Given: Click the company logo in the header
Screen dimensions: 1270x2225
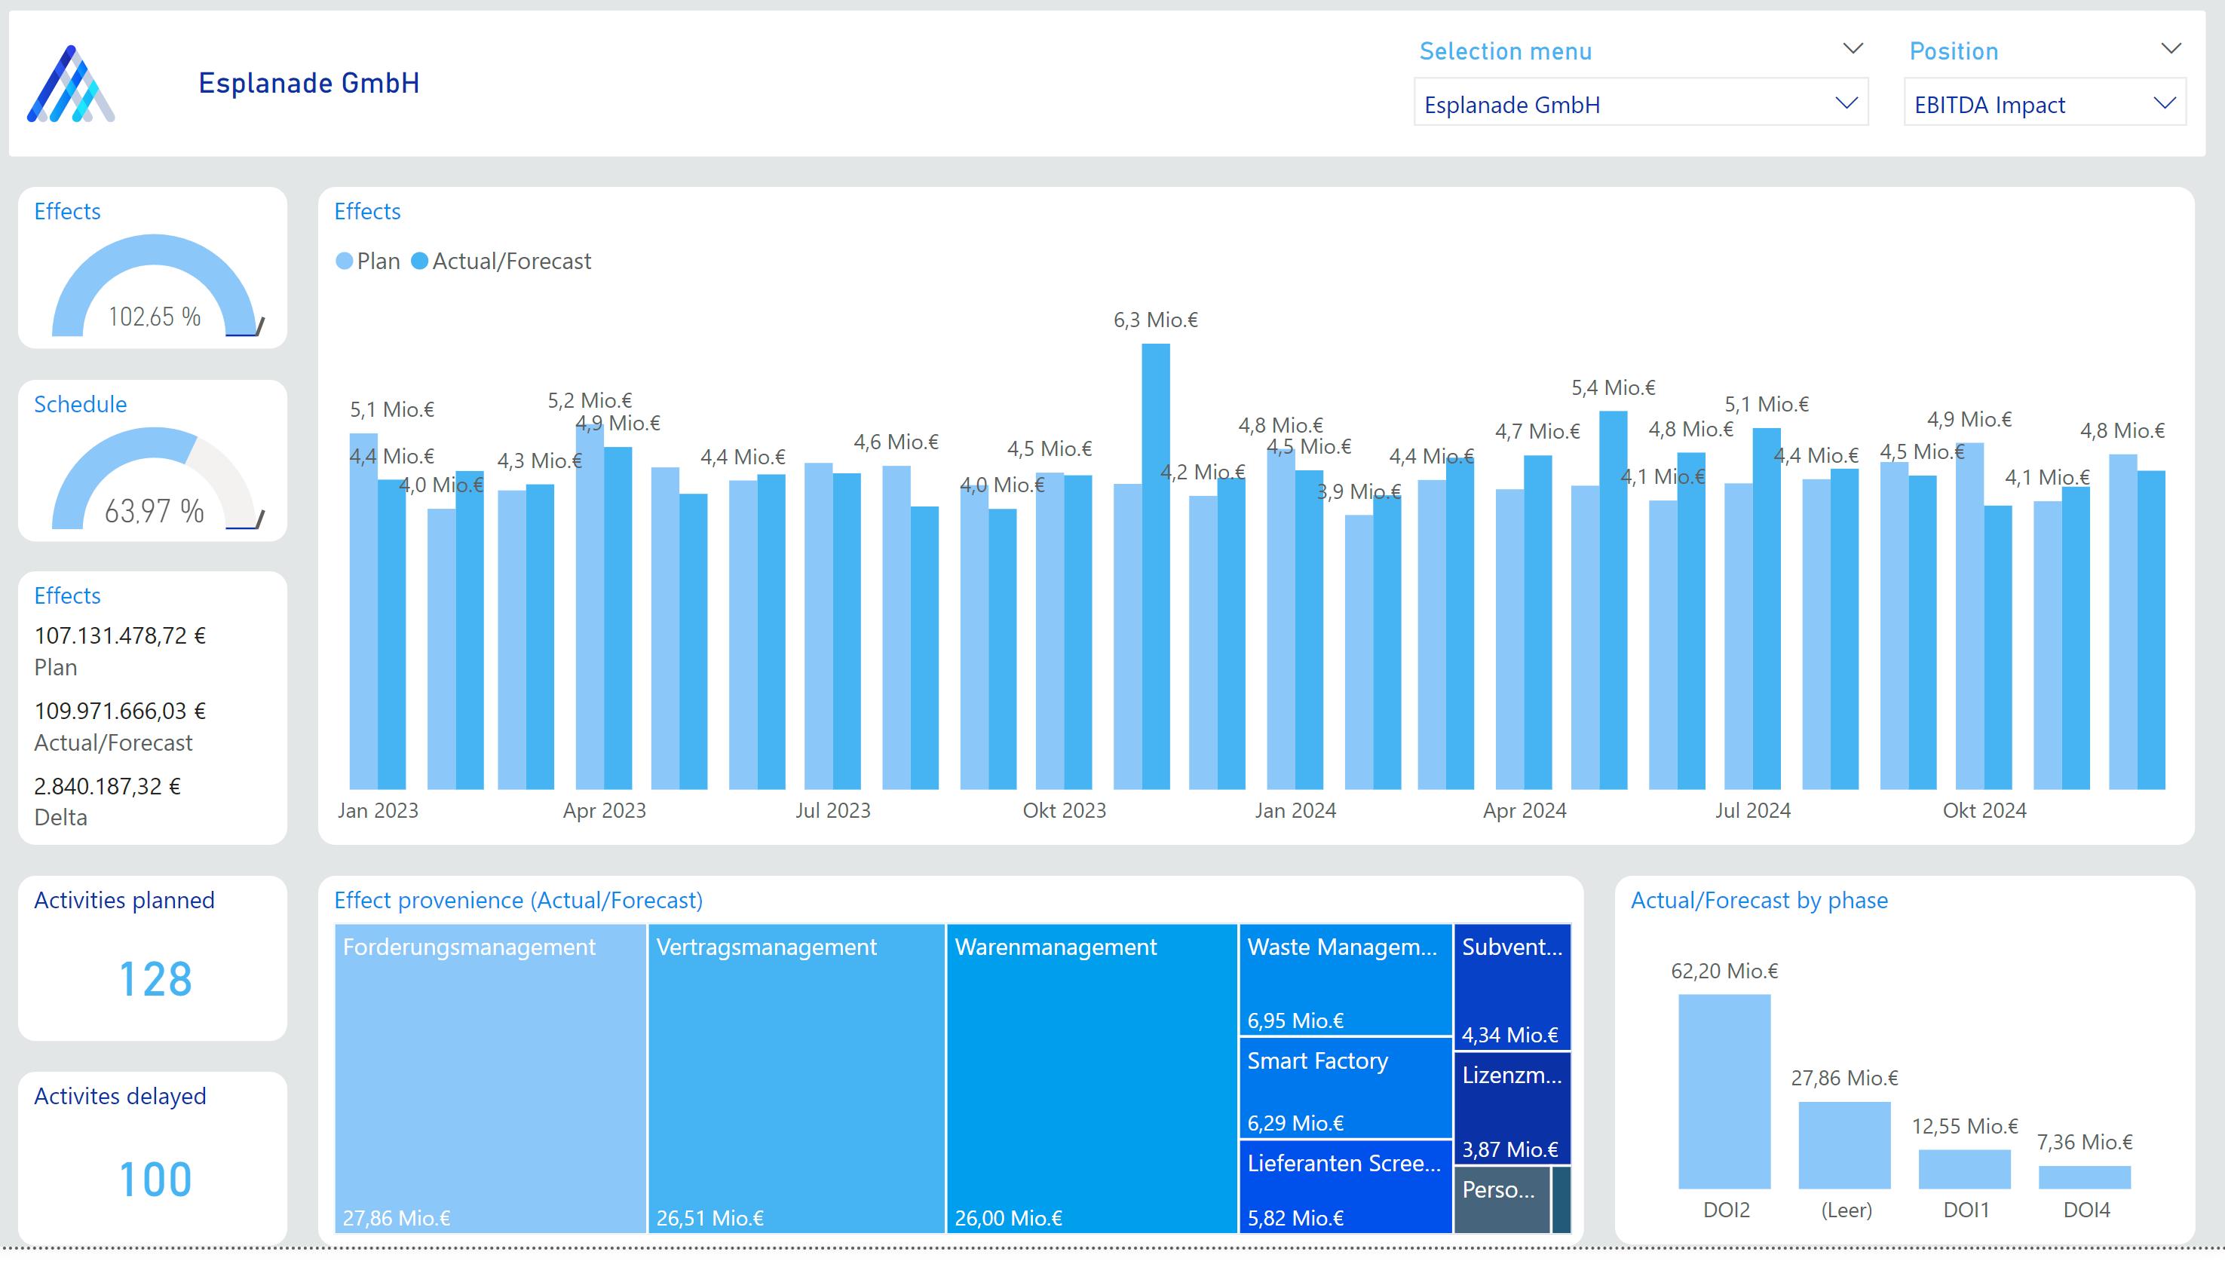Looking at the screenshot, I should click(71, 84).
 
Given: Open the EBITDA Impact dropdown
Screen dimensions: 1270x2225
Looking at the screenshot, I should click(2043, 104).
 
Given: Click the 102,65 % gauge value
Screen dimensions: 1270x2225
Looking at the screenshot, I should click(154, 317).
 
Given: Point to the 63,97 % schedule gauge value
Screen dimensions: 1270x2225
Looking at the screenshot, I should click(154, 511).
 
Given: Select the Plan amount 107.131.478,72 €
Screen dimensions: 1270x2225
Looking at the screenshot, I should click(120, 636).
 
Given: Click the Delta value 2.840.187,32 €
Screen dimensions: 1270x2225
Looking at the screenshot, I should click(107, 786).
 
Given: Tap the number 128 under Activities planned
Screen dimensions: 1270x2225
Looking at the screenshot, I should click(155, 978).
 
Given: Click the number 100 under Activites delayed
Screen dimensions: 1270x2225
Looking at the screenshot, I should click(155, 1180).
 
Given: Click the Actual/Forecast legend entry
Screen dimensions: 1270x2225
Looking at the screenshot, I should click(510, 261).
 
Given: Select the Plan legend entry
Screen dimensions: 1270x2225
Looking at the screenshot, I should click(377, 261).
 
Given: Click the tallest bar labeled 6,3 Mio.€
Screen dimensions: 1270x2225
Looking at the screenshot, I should click(1155, 567).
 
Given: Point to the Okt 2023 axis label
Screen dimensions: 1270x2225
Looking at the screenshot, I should click(1064, 810).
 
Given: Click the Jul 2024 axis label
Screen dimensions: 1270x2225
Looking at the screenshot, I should click(1752, 810).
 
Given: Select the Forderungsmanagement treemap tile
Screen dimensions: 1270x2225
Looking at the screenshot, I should click(489, 1077).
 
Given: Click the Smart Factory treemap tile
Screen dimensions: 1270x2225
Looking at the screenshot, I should click(1344, 1088).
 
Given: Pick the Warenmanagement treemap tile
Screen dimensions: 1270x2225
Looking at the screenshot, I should click(1092, 1077).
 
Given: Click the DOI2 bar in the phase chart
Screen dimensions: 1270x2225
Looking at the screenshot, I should click(1724, 1091).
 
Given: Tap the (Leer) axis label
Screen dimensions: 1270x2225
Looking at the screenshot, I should click(1846, 1210).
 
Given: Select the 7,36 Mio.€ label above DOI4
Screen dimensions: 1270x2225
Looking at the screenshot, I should click(2084, 1142).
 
